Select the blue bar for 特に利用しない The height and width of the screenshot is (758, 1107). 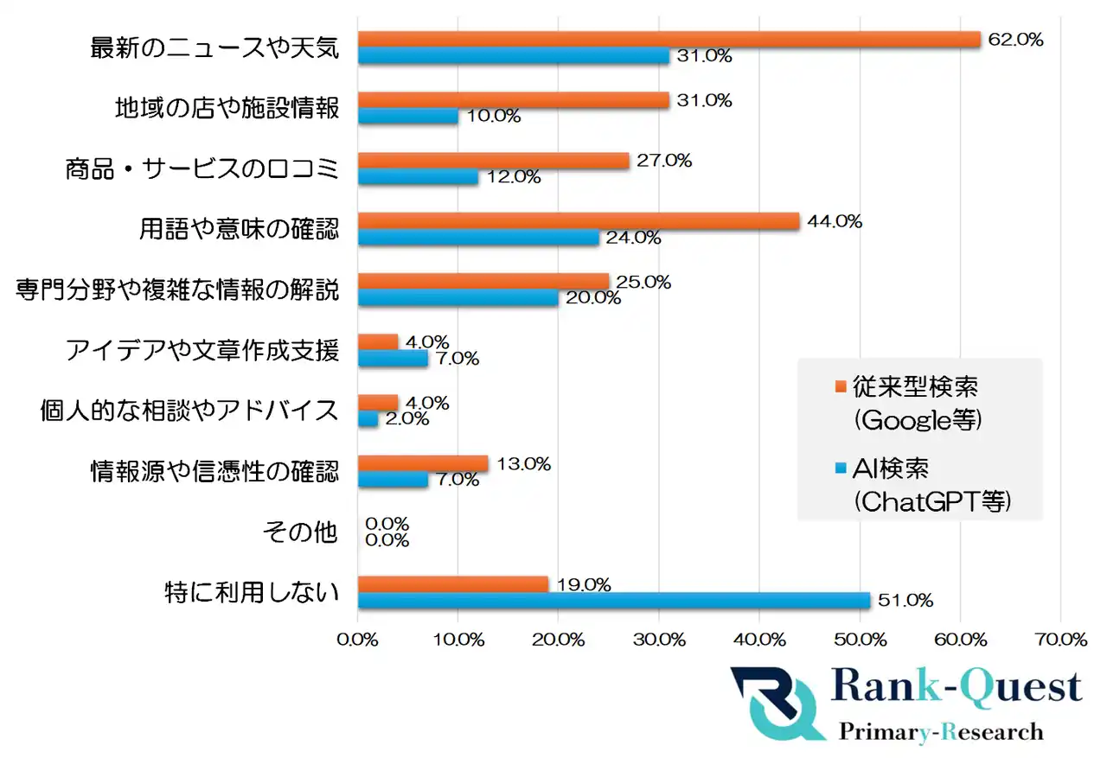[x=613, y=601]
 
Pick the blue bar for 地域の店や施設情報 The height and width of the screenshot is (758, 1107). [x=407, y=117]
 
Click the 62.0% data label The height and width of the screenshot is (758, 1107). [x=1015, y=40]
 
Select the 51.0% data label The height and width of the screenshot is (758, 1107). [x=905, y=601]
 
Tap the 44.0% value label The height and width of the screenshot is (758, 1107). [x=834, y=221]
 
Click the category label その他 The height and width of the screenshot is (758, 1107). [x=299, y=532]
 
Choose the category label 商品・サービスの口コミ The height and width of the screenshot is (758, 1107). [x=202, y=169]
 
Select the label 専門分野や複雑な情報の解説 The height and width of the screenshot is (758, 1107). [x=177, y=290]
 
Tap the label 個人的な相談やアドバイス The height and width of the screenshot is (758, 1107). [x=189, y=411]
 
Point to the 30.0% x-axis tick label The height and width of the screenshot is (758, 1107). [x=659, y=640]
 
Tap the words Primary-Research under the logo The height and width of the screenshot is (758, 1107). [x=941, y=732]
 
